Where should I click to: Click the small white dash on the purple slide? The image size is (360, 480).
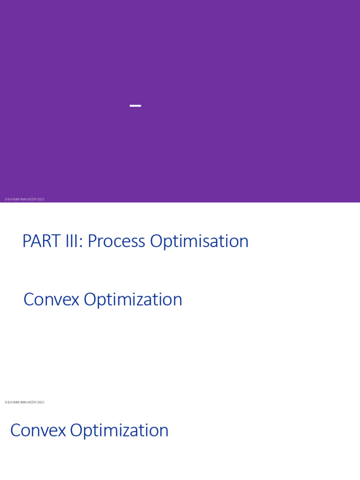[x=135, y=106]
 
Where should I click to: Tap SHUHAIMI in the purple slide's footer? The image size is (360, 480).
[x=11, y=199]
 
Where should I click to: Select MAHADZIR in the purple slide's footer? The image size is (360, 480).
[x=28, y=199]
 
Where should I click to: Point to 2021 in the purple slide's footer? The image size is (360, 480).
[x=41, y=199]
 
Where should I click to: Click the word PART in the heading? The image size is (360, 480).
[x=41, y=241]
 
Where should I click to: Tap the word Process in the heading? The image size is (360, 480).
[x=116, y=241]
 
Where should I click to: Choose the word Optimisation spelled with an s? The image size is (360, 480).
[x=199, y=241]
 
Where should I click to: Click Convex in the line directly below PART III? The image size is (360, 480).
[x=51, y=300]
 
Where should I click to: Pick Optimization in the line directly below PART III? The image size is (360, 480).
[x=133, y=300]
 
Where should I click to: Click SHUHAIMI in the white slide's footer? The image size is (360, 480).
[x=11, y=402]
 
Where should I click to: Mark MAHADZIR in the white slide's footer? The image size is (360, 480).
[x=28, y=402]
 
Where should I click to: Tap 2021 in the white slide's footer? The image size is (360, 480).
[x=41, y=402]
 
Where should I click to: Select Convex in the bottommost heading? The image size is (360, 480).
[x=37, y=430]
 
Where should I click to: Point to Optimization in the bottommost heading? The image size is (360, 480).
[x=119, y=431]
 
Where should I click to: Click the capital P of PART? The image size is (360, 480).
[x=26, y=241]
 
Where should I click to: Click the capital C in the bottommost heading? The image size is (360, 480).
[x=15, y=430]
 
